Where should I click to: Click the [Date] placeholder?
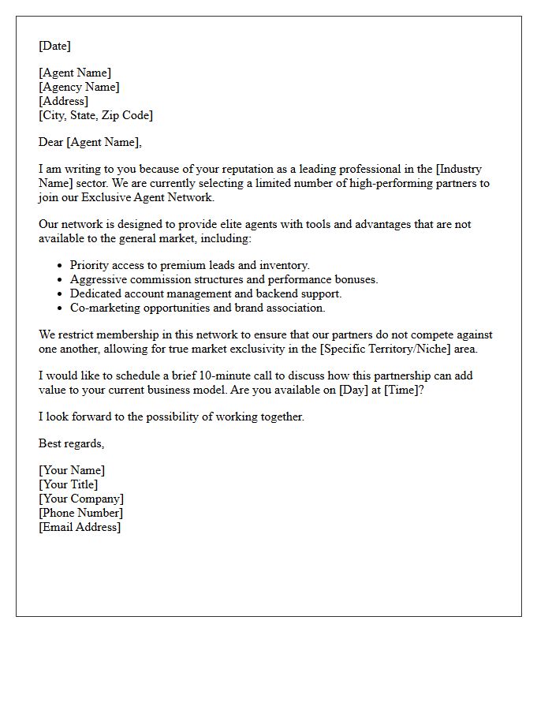(x=54, y=46)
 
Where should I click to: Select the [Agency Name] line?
(x=79, y=87)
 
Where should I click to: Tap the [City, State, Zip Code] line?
(x=95, y=115)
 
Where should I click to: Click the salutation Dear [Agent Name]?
(x=90, y=142)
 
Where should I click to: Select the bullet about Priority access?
(x=189, y=265)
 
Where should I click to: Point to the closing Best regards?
(x=71, y=443)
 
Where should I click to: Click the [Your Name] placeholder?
(x=71, y=470)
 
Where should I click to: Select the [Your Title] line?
(x=68, y=484)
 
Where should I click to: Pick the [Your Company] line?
(x=80, y=499)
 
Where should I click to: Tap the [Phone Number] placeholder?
(x=80, y=513)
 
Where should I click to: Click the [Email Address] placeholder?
(x=80, y=527)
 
